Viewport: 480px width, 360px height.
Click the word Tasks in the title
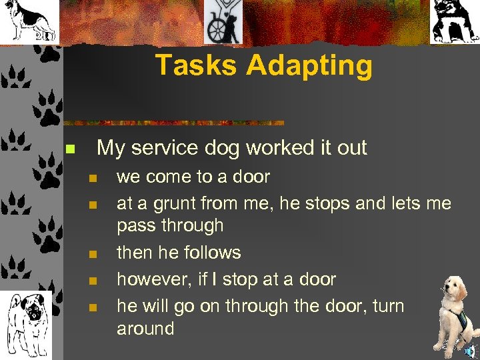click(x=197, y=65)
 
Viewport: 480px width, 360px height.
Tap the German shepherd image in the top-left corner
click(x=27, y=21)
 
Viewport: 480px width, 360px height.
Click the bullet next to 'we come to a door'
click(x=93, y=178)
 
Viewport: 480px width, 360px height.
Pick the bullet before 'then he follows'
click(x=93, y=254)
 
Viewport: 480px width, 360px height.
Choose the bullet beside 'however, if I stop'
click(x=93, y=281)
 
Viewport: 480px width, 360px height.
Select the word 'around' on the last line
click(x=145, y=329)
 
